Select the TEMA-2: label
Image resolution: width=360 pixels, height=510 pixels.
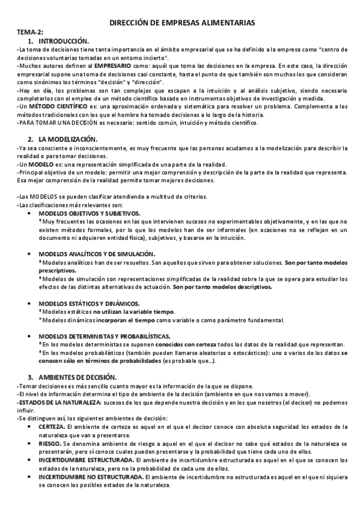[29, 32]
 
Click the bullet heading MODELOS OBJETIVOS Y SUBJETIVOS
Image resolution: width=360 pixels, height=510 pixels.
[89, 214]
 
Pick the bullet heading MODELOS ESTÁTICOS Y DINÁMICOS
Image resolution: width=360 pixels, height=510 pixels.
[89, 303]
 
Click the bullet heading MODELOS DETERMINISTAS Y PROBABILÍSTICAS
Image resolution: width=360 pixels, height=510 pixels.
[104, 336]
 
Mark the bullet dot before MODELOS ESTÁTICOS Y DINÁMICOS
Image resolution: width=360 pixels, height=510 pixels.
[31, 303]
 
